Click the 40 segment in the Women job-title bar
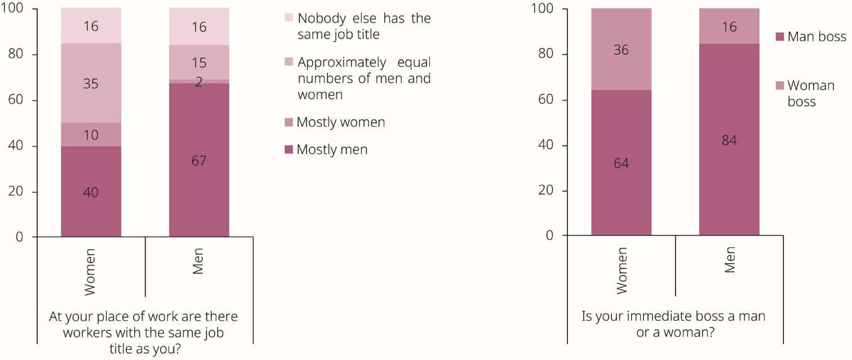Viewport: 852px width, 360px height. (x=91, y=192)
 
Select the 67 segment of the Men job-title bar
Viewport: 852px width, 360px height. (x=199, y=160)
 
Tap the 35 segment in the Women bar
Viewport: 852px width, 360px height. (x=91, y=84)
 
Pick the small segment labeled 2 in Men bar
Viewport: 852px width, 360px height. (x=199, y=82)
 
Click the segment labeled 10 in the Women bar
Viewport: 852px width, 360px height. (x=91, y=135)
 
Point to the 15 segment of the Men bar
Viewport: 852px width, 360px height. (x=199, y=62)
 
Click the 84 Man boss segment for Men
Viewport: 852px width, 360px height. (x=730, y=140)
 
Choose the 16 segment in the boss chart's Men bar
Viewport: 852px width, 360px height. (x=730, y=26)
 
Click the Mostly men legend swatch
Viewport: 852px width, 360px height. (x=289, y=150)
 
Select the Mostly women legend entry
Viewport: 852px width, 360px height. (x=340, y=122)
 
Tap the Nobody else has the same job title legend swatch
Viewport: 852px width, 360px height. (x=289, y=18)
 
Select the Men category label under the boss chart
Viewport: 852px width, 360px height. (x=730, y=260)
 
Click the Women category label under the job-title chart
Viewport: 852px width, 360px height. (x=91, y=272)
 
